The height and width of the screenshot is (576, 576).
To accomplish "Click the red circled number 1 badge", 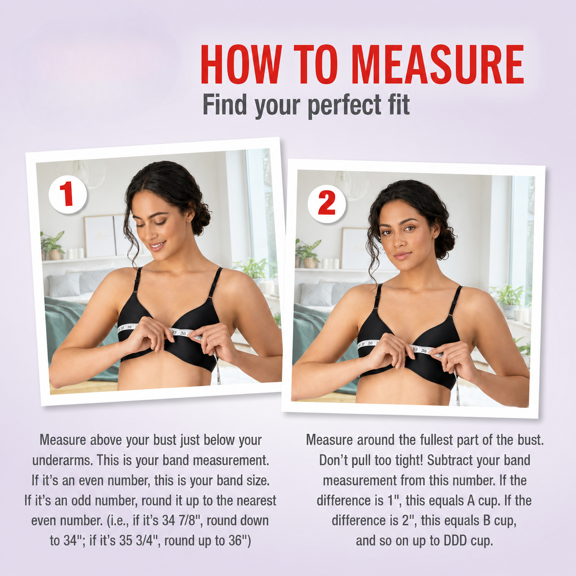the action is (68, 195).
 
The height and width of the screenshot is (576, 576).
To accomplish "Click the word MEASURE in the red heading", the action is (438, 65).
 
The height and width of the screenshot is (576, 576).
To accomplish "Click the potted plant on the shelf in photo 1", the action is (53, 245).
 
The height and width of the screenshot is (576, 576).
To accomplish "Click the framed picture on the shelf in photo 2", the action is (356, 248).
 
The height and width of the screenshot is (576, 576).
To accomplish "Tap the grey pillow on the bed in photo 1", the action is (64, 285).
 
